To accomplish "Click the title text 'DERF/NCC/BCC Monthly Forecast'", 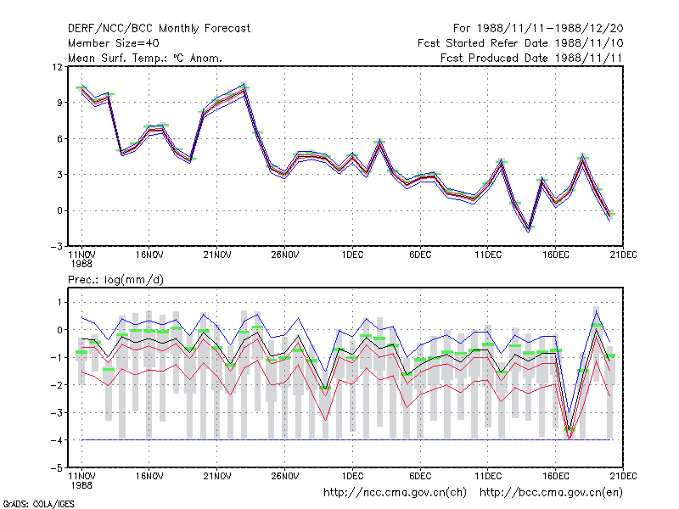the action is [x=159, y=29].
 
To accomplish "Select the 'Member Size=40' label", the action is [x=114, y=43].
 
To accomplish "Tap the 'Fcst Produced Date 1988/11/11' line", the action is [x=531, y=58].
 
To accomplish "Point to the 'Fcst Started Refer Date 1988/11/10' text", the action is [x=520, y=43].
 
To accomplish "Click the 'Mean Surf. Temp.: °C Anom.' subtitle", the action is [x=144, y=58].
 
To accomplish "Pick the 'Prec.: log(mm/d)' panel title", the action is [x=115, y=280].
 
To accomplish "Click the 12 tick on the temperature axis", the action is [x=57, y=67].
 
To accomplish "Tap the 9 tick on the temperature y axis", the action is [x=59, y=103].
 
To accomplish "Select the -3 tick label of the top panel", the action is [x=56, y=247].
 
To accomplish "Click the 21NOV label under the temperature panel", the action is [x=217, y=255].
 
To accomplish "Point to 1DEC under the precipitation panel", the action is [x=352, y=477].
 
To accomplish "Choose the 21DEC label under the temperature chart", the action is [x=623, y=255].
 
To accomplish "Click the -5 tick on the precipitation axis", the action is [x=56, y=468].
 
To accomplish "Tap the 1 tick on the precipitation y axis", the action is [x=59, y=303].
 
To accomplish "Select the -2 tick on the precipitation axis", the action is [x=56, y=385].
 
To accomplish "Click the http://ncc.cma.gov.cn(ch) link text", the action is [x=395, y=493].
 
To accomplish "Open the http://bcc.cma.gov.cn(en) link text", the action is [x=551, y=493].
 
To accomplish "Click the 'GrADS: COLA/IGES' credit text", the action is [x=38, y=504].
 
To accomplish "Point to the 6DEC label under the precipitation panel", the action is [x=420, y=477].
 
